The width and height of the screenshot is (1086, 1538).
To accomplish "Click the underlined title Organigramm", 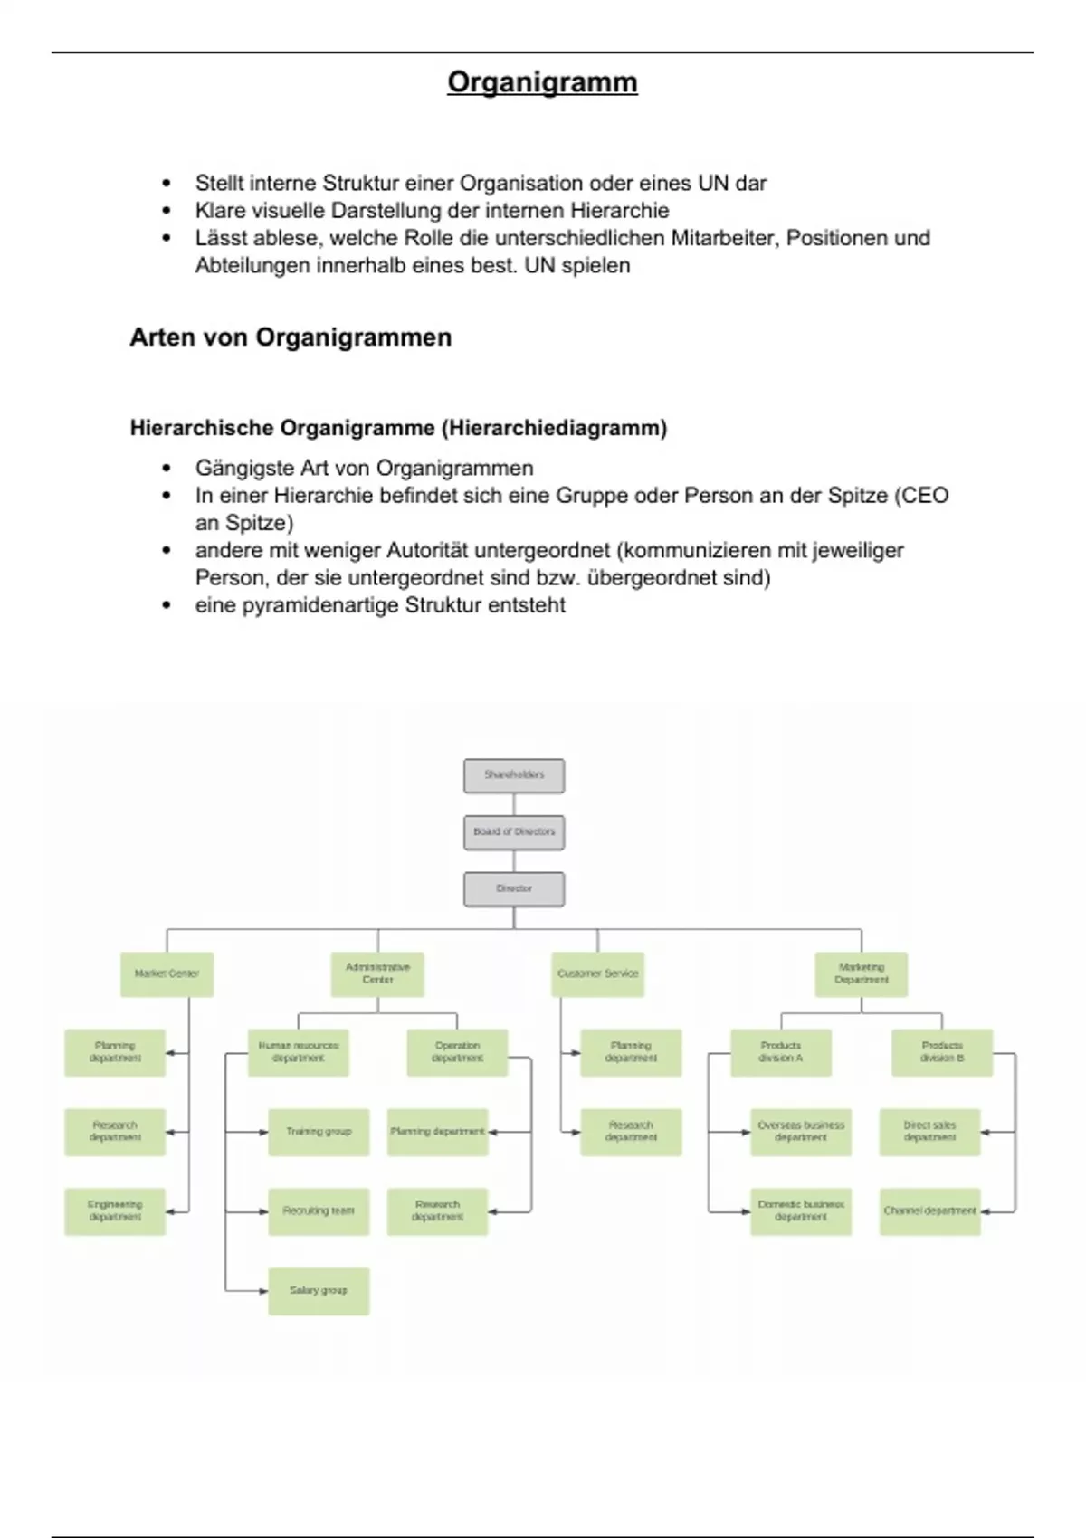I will coord(542,82).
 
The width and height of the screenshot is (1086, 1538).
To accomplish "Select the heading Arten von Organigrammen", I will coord(291,337).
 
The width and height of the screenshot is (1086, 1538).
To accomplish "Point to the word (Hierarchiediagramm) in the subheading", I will coord(554,428).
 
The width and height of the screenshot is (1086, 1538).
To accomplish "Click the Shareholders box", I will coord(514,775).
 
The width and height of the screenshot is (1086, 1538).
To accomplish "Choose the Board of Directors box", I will coord(514,832).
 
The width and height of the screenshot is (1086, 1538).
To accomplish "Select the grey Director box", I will coord(514,889).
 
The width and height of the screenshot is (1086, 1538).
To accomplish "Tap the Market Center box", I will coord(167,974).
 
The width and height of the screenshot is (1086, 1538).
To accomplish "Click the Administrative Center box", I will coord(377,974).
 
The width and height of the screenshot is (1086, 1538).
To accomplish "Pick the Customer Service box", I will coord(597,974).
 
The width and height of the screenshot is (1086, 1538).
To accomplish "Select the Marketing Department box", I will coord(861,974).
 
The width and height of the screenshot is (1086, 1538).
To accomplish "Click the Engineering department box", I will coord(115,1211).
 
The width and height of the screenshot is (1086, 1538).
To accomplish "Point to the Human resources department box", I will coord(298,1052).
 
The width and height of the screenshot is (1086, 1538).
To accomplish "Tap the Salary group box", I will coord(319,1291).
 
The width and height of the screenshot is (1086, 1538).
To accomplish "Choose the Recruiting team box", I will coord(319,1211).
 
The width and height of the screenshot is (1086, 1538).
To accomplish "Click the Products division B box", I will coord(942,1052).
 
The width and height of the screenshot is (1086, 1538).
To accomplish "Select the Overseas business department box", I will coord(801,1132).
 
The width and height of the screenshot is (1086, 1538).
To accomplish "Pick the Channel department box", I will coord(929,1211).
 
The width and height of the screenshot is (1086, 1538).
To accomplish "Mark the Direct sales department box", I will coord(929,1132).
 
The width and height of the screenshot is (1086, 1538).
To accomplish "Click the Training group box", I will coord(319,1132).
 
